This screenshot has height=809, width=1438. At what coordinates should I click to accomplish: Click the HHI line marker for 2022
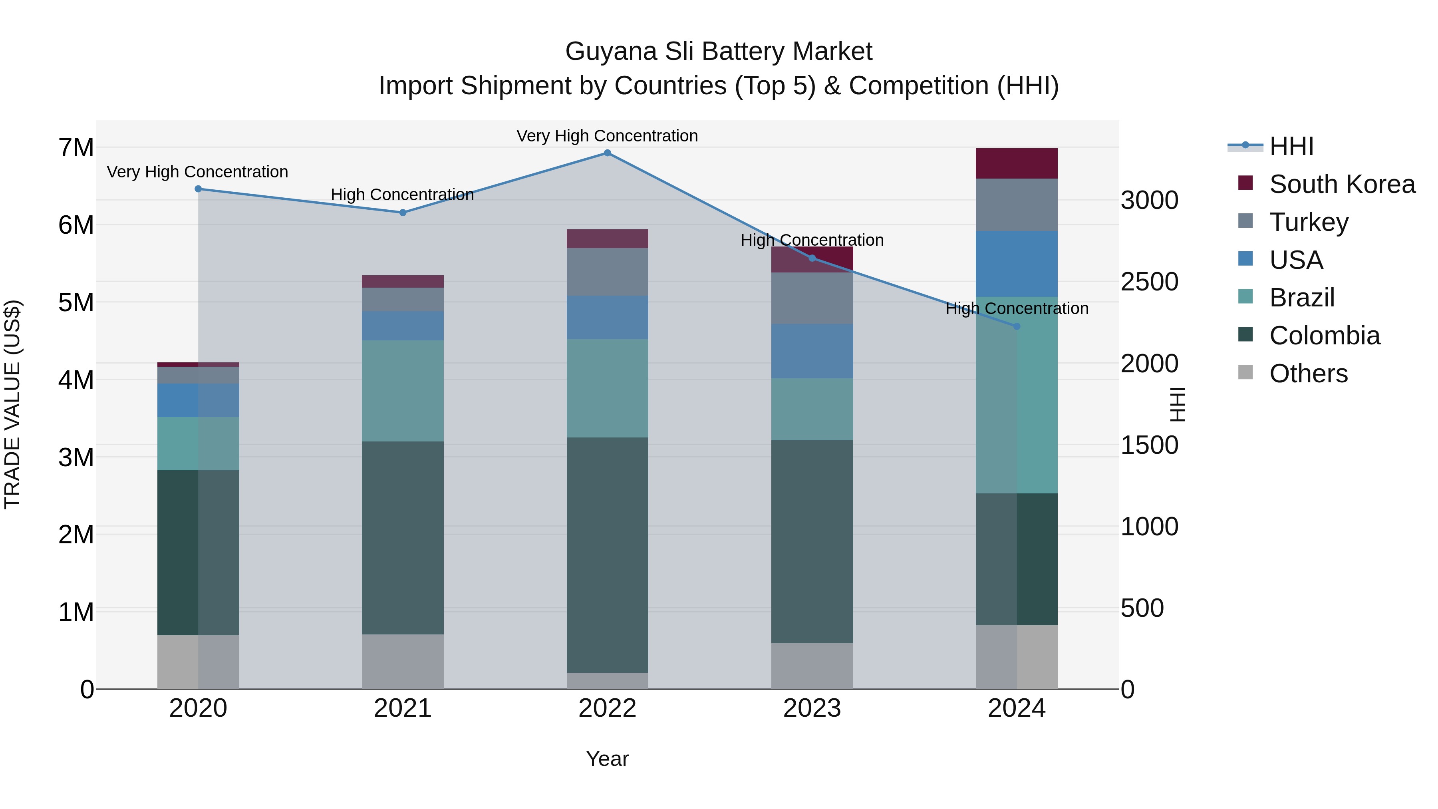(607, 153)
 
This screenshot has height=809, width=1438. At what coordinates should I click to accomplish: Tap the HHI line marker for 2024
(1017, 327)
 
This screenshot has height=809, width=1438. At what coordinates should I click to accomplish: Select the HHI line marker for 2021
(403, 213)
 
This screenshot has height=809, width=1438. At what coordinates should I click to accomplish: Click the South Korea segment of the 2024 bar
(1017, 163)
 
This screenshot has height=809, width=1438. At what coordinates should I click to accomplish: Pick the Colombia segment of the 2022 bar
(607, 555)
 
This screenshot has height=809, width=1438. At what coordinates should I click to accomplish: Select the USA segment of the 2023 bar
(812, 351)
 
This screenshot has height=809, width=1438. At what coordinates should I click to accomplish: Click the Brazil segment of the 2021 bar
(403, 391)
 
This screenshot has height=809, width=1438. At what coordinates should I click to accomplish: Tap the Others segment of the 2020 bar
(198, 662)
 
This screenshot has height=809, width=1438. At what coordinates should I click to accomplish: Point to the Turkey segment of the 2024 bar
(1017, 205)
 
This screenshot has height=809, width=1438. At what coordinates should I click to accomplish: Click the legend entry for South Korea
(1342, 184)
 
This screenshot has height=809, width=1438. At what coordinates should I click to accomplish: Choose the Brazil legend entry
(1302, 298)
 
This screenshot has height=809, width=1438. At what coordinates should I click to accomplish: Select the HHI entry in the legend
(1291, 146)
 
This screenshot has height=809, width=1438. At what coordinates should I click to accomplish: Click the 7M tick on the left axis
(76, 148)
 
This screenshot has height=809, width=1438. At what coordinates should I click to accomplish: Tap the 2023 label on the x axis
(812, 708)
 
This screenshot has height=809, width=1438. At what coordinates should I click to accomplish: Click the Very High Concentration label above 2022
(607, 136)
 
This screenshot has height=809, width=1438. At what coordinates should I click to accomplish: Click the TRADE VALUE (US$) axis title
(12, 405)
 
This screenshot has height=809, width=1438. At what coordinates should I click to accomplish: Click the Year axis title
(607, 759)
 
